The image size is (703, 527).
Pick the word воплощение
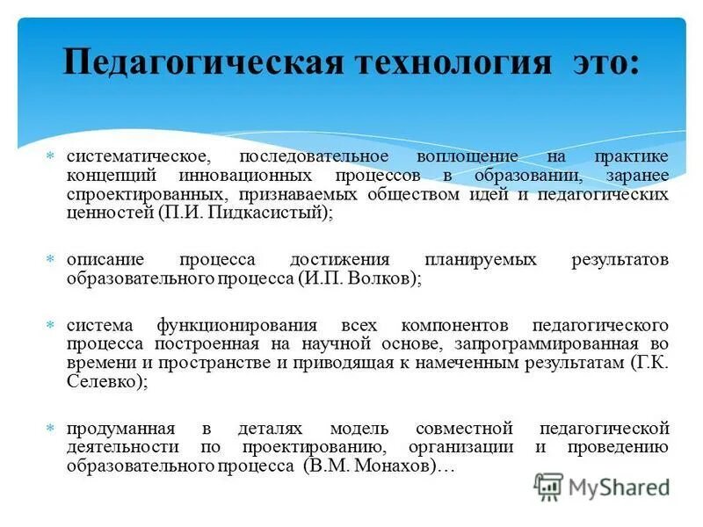tap(467, 155)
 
